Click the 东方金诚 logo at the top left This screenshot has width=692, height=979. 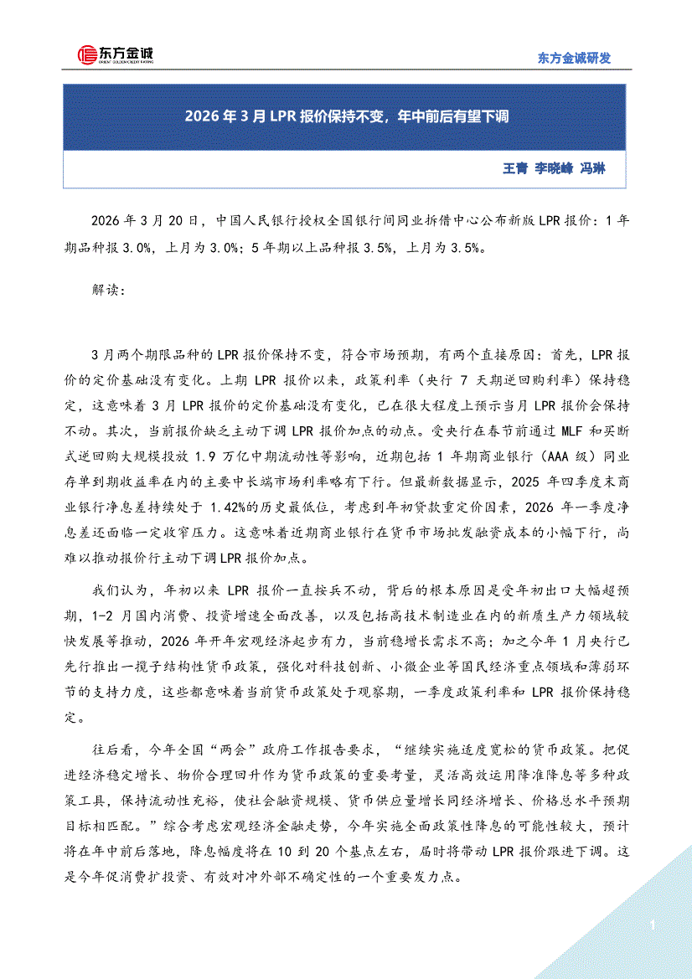coord(115,55)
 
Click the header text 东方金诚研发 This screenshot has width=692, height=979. coord(573,58)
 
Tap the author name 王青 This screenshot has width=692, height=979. coord(514,168)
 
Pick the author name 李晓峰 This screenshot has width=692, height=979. coord(554,168)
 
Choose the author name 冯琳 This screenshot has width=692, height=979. coord(592,168)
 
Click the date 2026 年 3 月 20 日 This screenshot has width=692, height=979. coord(146,222)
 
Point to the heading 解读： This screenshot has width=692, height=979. coord(107,291)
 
